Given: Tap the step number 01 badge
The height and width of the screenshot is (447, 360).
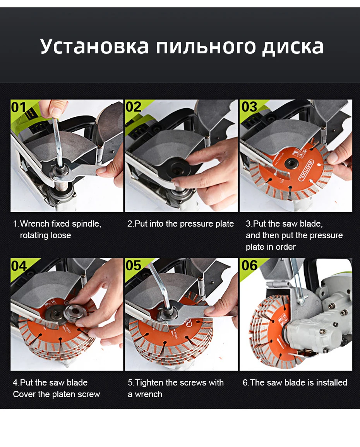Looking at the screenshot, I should (19, 107).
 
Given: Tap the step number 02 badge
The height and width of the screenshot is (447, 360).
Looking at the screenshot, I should (134, 107).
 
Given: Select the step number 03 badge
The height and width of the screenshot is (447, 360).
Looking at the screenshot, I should (249, 107).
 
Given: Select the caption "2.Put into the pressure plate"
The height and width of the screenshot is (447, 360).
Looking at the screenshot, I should (180, 224).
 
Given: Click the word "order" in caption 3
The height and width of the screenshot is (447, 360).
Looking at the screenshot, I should (285, 247).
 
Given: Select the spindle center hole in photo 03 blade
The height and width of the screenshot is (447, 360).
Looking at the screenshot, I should (291, 164).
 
